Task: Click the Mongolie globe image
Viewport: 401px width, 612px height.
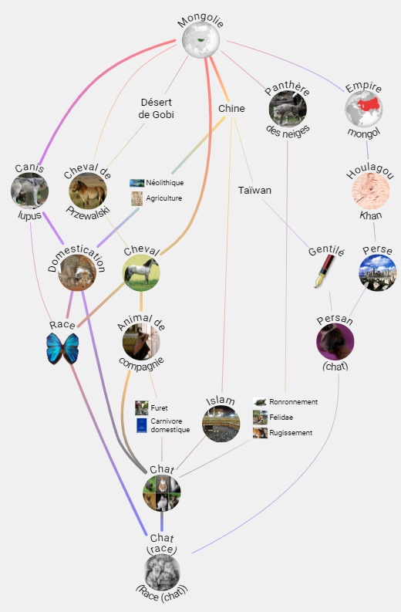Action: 201,40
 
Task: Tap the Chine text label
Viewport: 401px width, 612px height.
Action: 231,109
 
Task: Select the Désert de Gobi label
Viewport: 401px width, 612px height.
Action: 156,108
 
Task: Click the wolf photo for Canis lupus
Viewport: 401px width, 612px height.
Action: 29,191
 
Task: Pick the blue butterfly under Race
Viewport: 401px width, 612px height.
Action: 62,349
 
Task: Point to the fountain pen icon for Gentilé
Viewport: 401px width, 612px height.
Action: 325,271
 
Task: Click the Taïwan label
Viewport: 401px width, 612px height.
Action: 254,190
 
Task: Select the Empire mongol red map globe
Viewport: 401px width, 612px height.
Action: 364,108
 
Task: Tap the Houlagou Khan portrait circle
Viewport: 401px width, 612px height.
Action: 371,191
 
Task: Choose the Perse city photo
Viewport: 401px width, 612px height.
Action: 378,272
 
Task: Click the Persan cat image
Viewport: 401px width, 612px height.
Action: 335,342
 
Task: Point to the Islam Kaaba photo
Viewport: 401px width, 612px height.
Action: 221,424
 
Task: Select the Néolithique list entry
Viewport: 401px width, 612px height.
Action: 157,183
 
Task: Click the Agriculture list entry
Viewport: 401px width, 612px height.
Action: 157,198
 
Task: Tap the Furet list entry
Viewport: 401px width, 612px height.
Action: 151,407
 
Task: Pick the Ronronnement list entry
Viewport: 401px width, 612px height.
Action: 285,401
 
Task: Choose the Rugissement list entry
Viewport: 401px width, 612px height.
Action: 283,433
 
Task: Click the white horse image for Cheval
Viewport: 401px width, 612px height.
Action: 141,272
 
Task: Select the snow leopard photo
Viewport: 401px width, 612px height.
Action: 288,109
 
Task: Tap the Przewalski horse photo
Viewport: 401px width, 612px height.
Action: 88,191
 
